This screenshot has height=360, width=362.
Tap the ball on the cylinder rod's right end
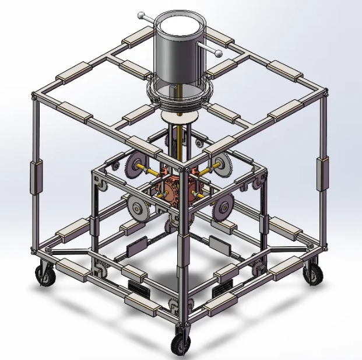pyautogui.click(x=219, y=54)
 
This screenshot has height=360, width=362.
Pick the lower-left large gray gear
pyautogui.click(x=138, y=208)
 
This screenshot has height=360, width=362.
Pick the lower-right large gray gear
pyautogui.click(x=223, y=207)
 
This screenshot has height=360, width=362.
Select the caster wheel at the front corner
pyautogui.click(x=180, y=344)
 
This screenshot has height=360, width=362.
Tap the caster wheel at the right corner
pyautogui.click(x=313, y=274)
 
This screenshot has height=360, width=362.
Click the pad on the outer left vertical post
pyautogui.click(x=36, y=177)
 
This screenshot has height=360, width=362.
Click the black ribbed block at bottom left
pyautogui.click(x=138, y=288)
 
